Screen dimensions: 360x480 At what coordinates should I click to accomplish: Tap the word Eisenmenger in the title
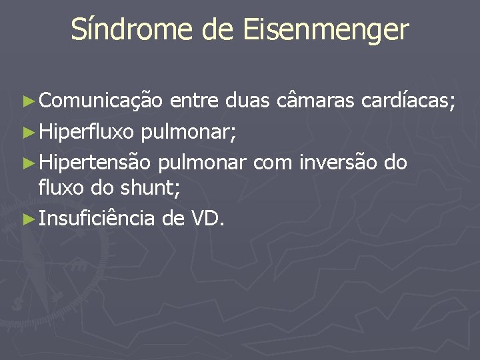326,30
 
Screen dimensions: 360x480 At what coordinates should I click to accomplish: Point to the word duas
247,101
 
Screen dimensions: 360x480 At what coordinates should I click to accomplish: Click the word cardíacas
408,101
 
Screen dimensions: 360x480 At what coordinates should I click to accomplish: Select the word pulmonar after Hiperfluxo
188,133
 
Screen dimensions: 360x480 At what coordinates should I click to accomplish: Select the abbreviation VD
207,217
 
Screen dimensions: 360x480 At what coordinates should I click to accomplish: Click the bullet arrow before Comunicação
27,102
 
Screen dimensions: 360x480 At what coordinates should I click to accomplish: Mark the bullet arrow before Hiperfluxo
27,133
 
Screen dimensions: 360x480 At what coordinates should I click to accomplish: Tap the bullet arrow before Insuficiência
27,218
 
